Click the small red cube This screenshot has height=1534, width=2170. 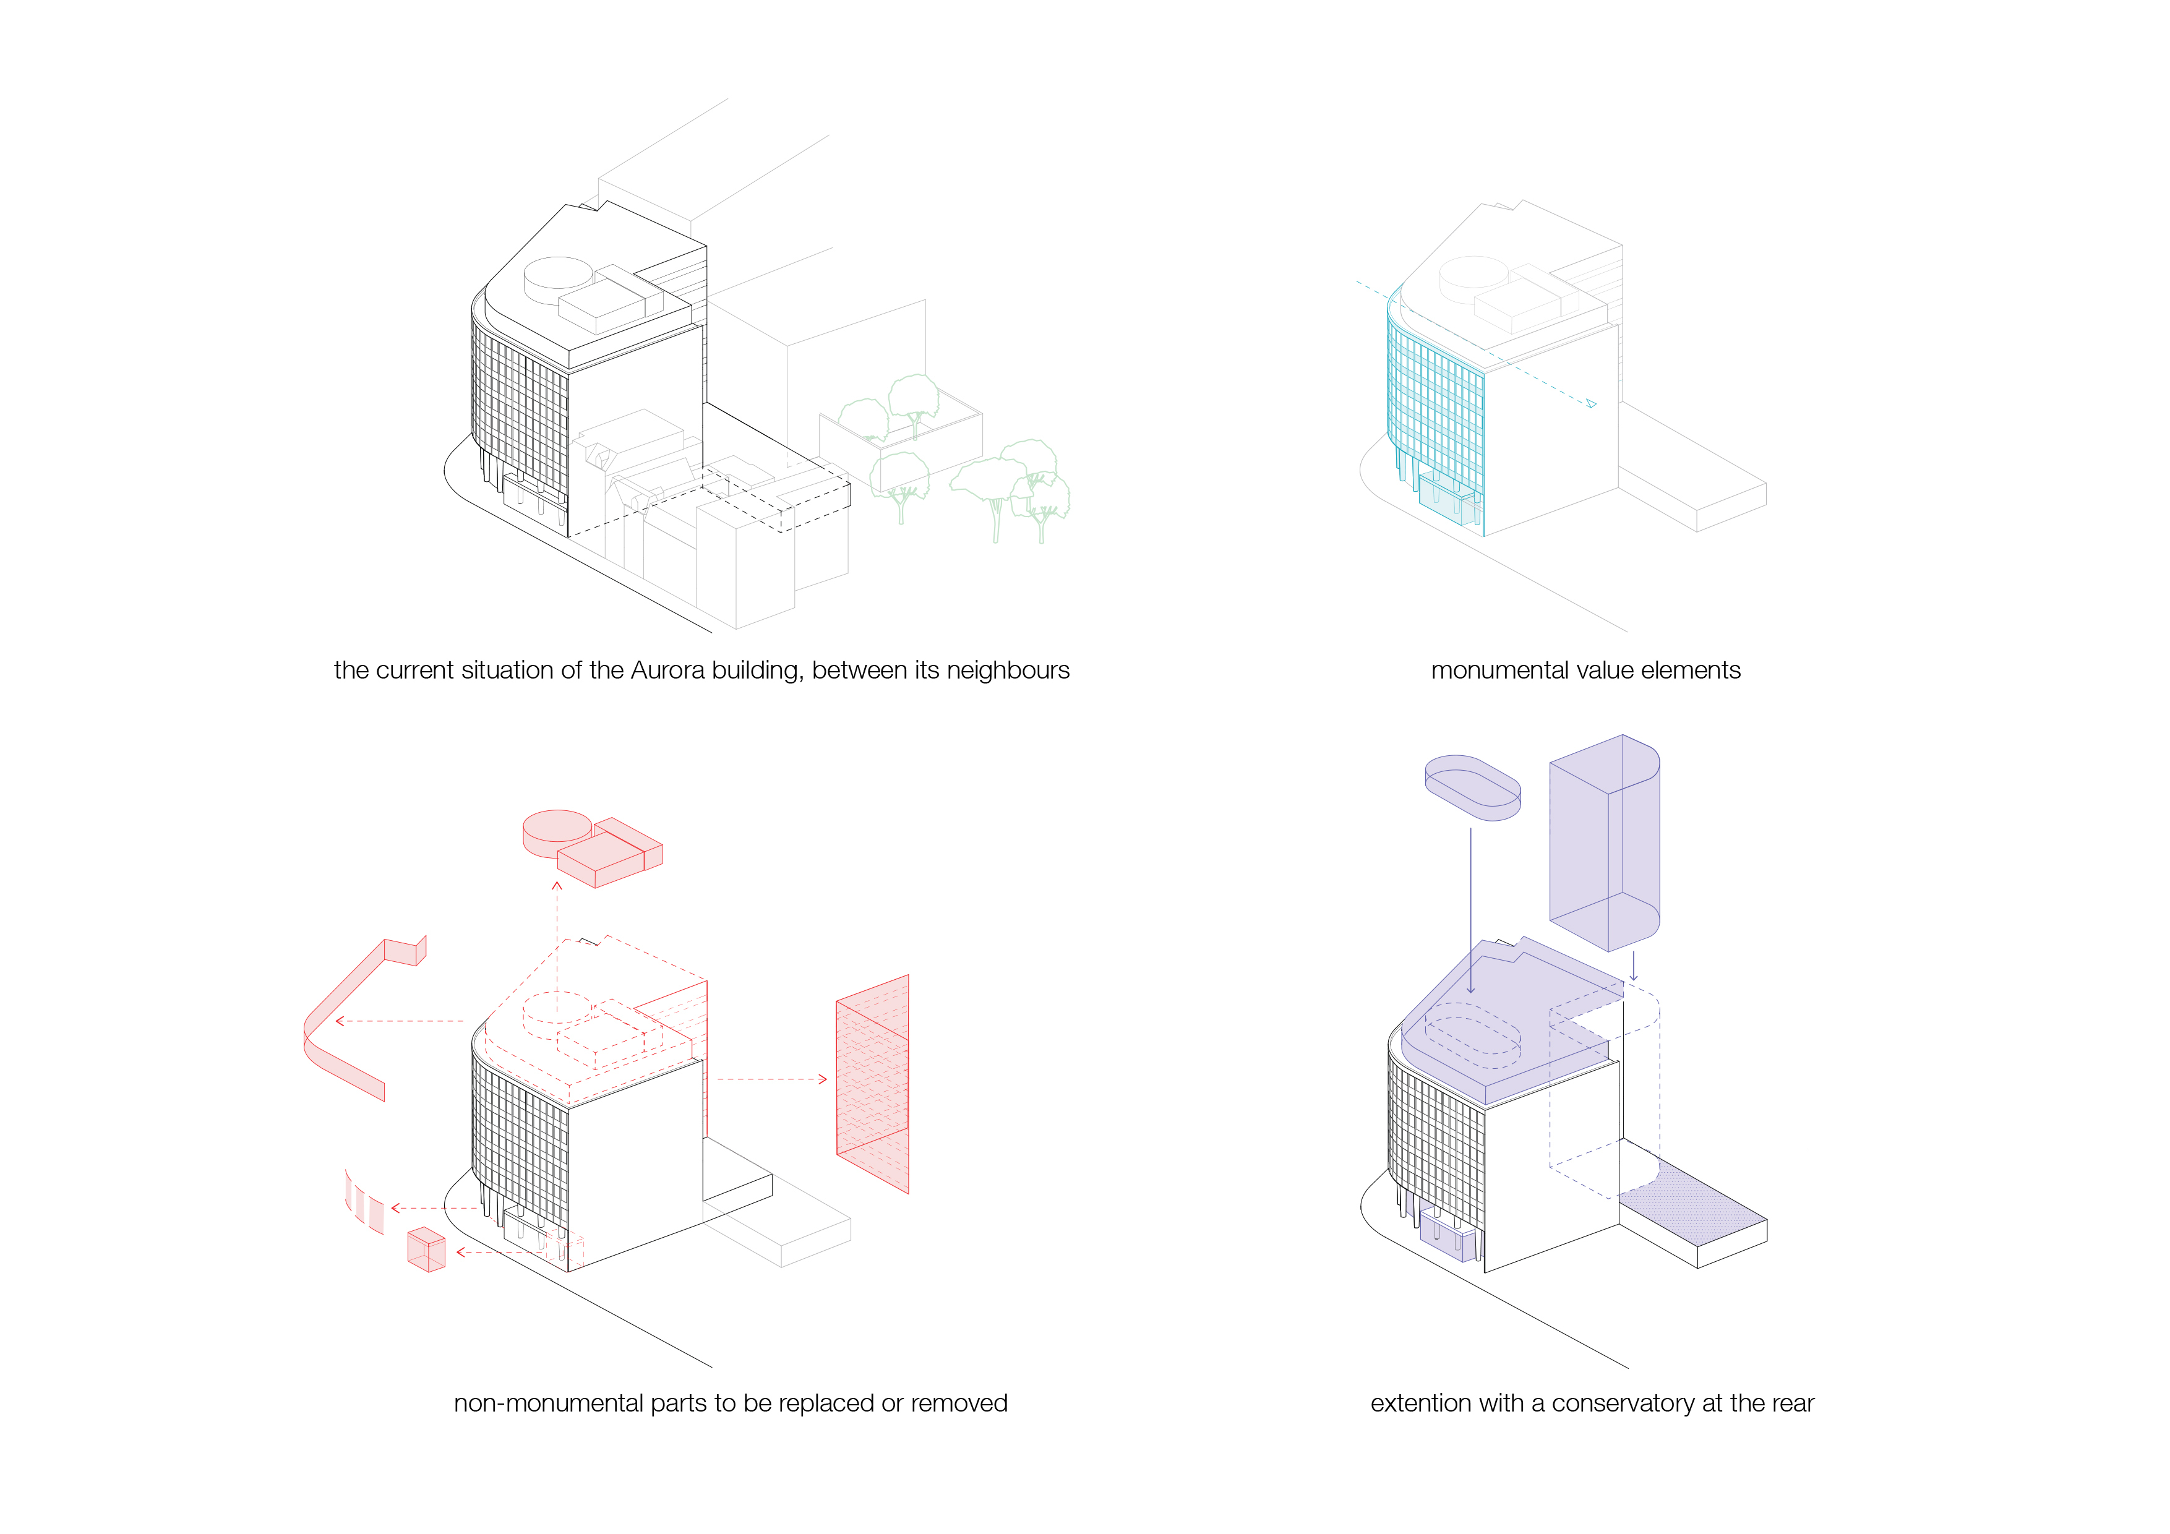[x=426, y=1249]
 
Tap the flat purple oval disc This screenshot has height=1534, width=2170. [x=1472, y=787]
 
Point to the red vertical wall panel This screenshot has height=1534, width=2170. [x=872, y=1084]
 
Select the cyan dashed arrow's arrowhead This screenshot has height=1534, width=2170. [x=1592, y=403]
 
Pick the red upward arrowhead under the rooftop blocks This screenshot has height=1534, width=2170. [x=557, y=886]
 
